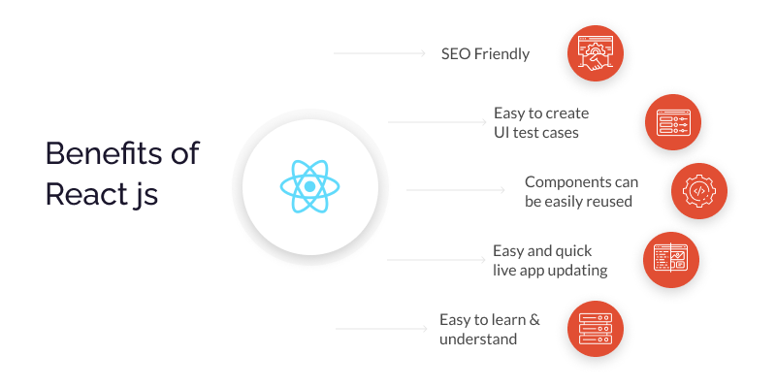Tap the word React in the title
(84, 194)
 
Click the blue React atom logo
(309, 186)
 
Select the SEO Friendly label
(485, 53)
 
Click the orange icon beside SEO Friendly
(596, 53)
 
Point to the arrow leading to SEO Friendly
(379, 53)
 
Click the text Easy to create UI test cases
(541, 123)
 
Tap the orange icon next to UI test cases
(672, 122)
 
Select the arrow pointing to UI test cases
(437, 122)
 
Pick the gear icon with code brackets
(698, 190)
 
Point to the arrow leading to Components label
(455, 190)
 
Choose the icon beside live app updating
(671, 259)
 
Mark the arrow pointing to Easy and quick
(436, 259)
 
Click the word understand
(478, 339)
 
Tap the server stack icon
(596, 329)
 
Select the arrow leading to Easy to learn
(381, 328)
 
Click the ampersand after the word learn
(534, 320)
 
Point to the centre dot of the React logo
(309, 186)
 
